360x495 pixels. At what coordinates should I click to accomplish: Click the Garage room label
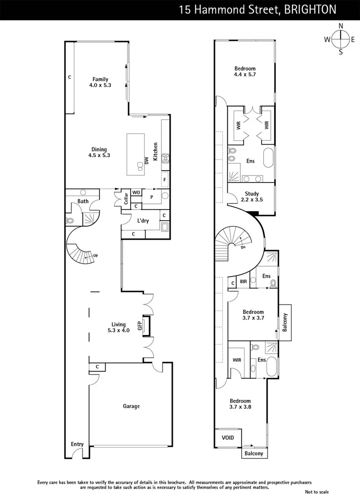click(131, 406)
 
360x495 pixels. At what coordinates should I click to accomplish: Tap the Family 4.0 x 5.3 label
click(100, 82)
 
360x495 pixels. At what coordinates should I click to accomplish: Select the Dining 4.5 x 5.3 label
click(99, 152)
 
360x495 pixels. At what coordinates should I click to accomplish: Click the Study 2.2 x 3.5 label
click(252, 197)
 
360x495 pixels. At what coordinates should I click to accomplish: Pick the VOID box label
click(228, 438)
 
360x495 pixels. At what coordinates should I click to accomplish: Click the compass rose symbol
click(340, 39)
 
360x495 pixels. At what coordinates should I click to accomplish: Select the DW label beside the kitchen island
click(147, 160)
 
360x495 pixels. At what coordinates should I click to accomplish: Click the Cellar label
click(126, 198)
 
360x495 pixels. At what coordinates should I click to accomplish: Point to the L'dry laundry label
click(143, 221)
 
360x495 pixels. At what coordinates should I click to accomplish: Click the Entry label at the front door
click(77, 444)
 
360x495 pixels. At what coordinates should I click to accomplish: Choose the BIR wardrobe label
click(244, 282)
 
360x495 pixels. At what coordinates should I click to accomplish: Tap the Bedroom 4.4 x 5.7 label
click(244, 71)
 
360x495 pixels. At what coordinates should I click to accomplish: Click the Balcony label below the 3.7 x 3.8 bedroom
click(254, 454)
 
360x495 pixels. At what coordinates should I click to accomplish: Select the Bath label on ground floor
click(83, 201)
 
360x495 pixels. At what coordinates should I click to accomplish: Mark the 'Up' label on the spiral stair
click(95, 256)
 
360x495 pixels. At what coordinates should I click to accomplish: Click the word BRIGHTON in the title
click(310, 9)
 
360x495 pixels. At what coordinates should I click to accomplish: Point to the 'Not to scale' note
click(316, 492)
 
